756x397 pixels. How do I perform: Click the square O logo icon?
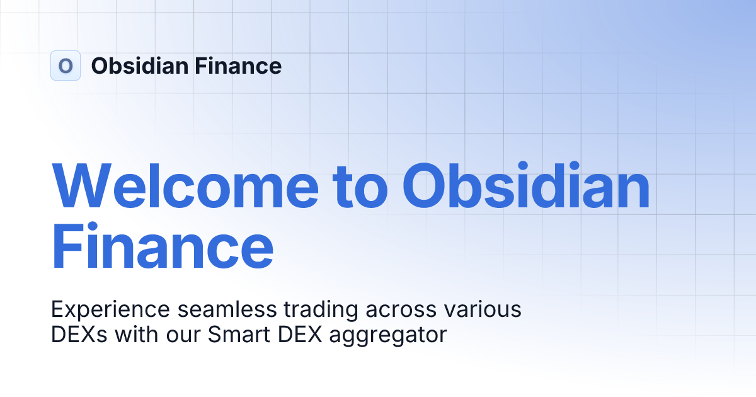(x=66, y=66)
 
